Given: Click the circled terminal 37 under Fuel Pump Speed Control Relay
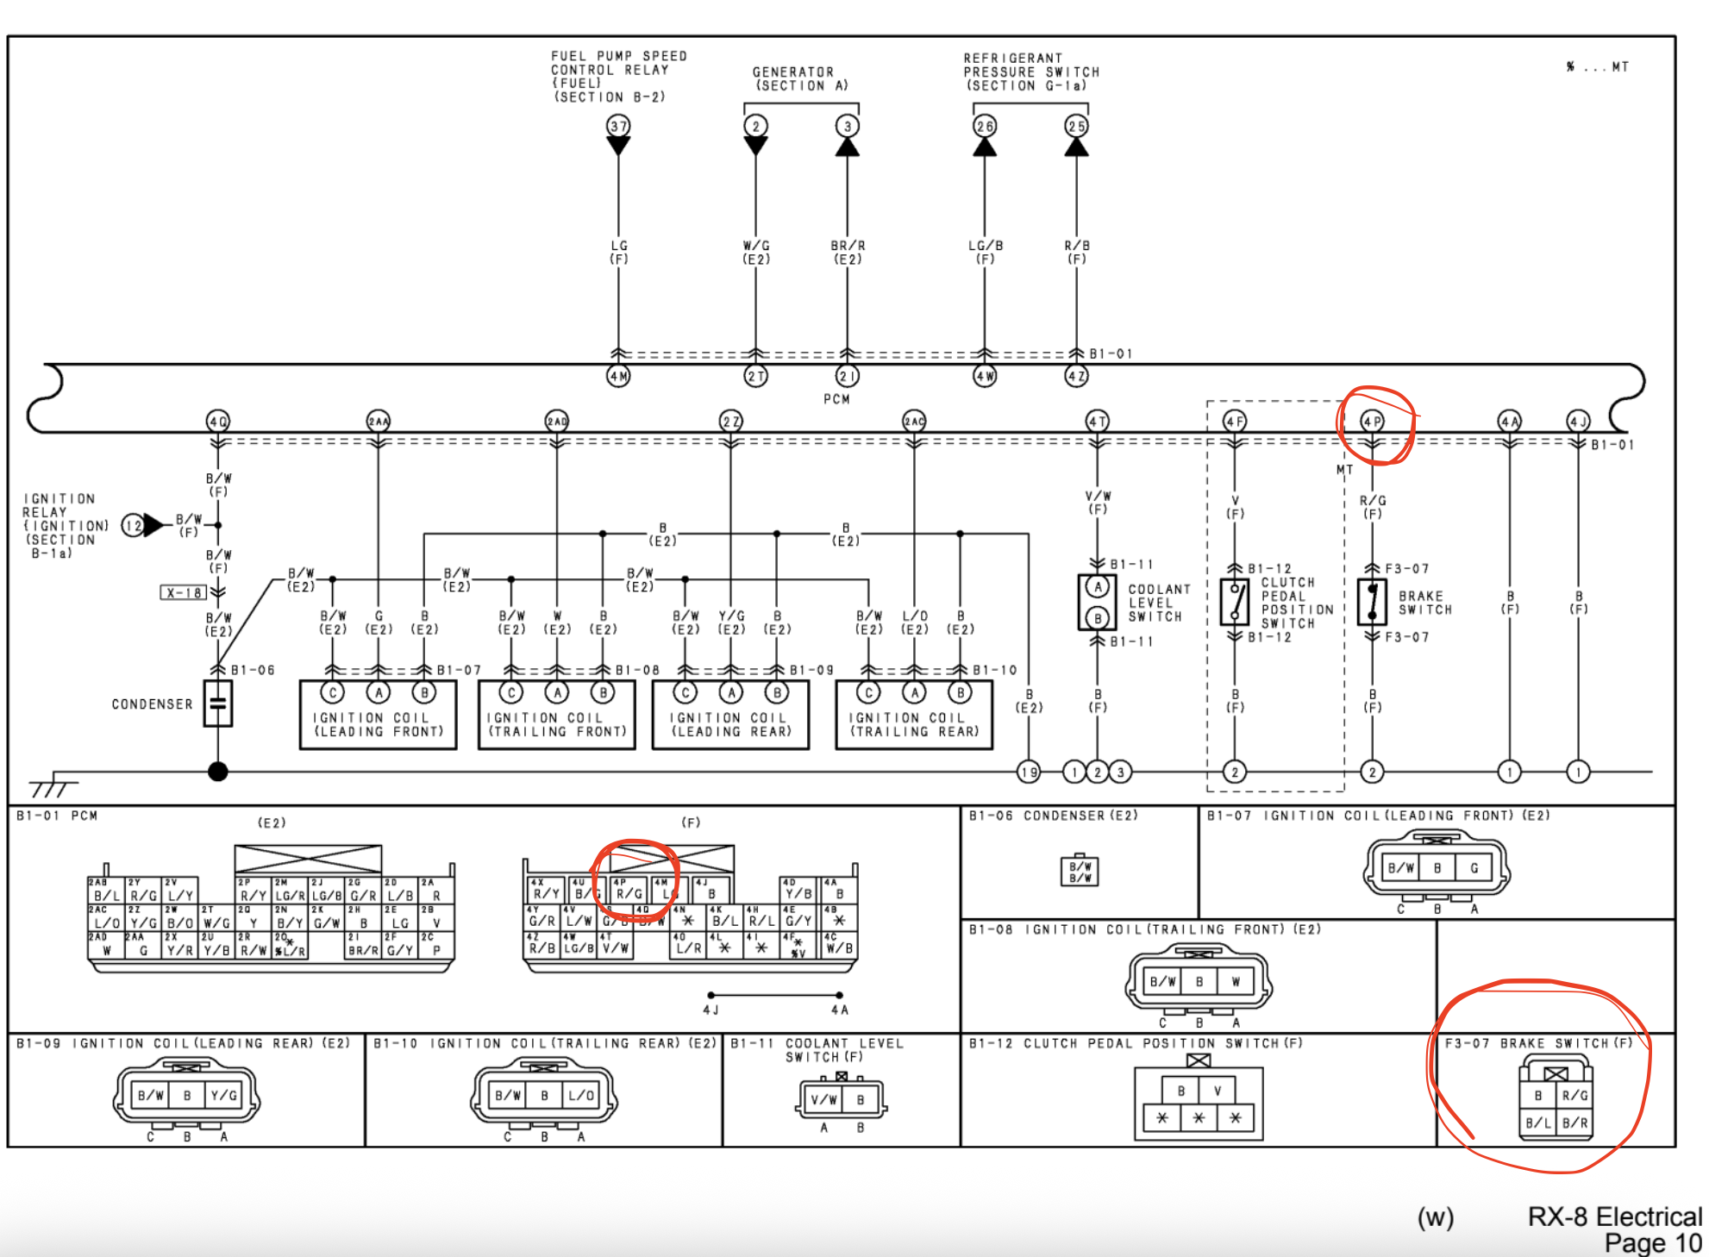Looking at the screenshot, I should click(x=618, y=126).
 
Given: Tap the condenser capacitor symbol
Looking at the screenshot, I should click(x=218, y=704).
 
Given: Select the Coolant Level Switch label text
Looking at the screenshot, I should click(x=1159, y=603).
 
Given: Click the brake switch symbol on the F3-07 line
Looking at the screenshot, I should click(x=1372, y=601).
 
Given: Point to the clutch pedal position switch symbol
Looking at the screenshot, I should click(x=1235, y=601).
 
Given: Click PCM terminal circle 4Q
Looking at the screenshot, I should click(x=218, y=422).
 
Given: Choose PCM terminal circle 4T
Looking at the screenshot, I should click(x=1097, y=422).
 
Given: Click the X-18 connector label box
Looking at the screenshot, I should click(x=184, y=592).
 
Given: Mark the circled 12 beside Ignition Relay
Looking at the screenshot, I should click(x=133, y=525).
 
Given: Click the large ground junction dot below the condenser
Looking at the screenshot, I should click(x=218, y=772).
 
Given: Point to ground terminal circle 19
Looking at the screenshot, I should click(x=1029, y=772).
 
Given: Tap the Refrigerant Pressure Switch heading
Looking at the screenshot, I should click(x=1030, y=72).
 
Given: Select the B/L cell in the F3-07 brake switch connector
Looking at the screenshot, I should click(x=1537, y=1123).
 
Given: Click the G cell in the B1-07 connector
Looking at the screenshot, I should click(x=1474, y=868).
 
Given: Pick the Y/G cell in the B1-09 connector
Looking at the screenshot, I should click(x=223, y=1096).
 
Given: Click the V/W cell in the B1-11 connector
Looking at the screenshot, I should click(x=823, y=1099).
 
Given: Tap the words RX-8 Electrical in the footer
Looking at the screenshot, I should click(x=1614, y=1216).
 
